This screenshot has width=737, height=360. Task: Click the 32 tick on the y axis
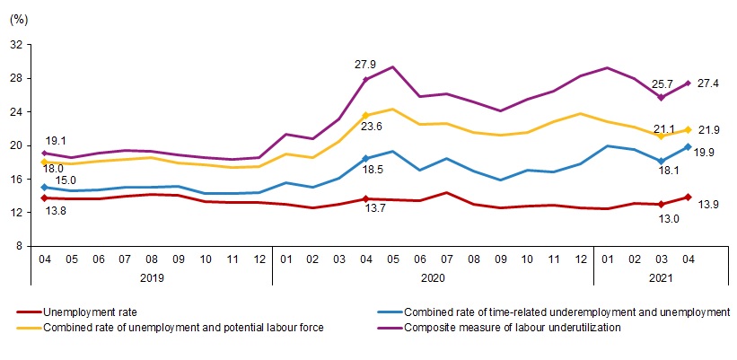15,44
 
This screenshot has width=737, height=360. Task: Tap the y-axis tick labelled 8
19,245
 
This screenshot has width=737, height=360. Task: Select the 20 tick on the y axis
15,145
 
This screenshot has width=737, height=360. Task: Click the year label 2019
151,279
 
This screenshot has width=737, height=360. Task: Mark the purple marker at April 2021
687,83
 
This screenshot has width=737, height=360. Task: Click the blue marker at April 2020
365,158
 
